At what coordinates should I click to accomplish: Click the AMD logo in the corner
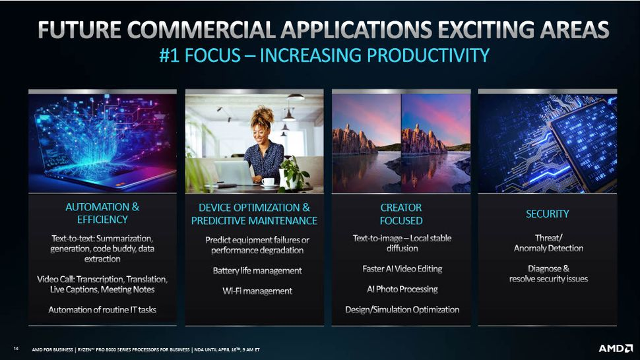click(616, 348)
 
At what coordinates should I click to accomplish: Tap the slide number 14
click(16, 348)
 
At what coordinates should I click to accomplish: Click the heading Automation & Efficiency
click(102, 213)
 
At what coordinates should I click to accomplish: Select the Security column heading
click(548, 214)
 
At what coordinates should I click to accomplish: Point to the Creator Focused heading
click(401, 214)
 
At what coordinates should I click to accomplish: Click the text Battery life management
click(257, 271)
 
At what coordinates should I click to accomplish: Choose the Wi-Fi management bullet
click(257, 291)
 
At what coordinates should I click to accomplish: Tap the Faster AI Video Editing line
click(402, 268)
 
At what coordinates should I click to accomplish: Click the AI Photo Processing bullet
click(402, 289)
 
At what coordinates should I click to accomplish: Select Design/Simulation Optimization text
click(402, 309)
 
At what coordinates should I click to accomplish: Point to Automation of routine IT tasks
click(102, 310)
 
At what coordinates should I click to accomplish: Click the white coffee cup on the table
click(268, 182)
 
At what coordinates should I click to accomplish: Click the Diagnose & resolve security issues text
click(548, 274)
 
